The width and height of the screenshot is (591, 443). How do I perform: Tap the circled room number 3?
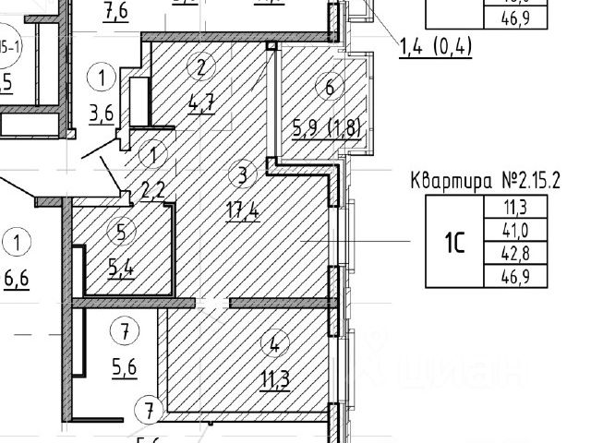point(241,174)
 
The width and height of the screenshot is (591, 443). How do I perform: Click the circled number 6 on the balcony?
point(329,89)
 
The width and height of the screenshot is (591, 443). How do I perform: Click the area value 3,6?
point(102,114)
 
